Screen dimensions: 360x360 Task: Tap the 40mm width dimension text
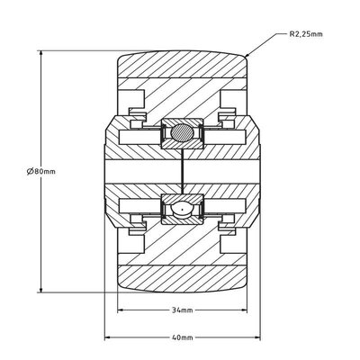182,337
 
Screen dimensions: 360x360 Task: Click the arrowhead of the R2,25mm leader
246,57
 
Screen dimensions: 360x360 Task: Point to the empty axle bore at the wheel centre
144,172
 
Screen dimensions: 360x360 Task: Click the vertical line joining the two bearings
181,172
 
